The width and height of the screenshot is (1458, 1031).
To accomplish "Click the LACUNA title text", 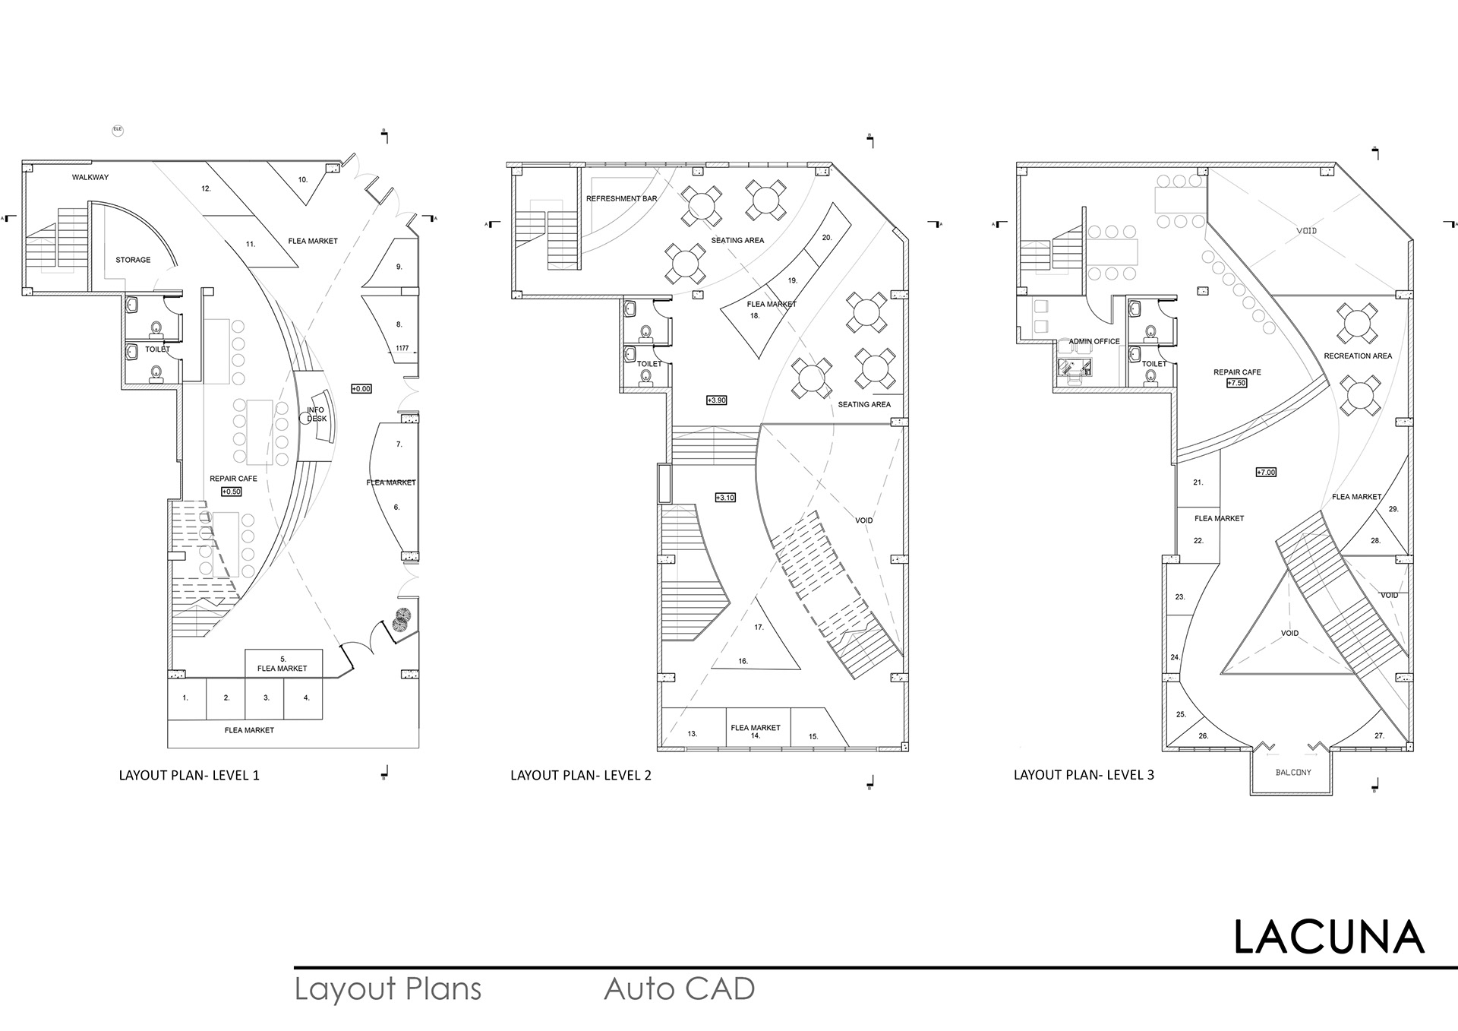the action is pos(1328,938).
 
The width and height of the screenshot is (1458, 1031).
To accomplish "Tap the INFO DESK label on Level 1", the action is pos(317,415).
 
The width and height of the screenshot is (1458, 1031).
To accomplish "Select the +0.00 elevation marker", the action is pos(361,389).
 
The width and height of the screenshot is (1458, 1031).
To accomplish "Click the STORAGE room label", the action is pos(133,260).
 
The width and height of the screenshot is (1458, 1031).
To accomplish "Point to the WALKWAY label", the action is pos(90,177).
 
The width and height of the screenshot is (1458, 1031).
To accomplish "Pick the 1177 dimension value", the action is pos(402,349).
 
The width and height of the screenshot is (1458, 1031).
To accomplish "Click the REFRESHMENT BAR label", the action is pos(621,199).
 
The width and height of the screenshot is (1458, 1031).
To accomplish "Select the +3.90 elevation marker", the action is pos(716,400).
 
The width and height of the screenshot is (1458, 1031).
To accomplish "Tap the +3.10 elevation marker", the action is pos(725,498).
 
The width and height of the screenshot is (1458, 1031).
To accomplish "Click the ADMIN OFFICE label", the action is pos(1094,342).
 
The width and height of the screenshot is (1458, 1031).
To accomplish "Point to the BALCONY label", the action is pos(1293,773).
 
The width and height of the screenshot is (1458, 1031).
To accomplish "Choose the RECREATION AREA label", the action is pos(1358,356).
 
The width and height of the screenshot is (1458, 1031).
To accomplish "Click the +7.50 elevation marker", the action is pos(1236,383).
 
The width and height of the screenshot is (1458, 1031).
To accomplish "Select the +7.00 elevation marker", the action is pos(1266,472).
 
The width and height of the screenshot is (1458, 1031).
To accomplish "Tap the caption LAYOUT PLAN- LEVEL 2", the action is pos(581,776).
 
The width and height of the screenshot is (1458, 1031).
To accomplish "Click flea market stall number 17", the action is pos(759,628).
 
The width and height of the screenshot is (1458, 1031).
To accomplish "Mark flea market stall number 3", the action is pos(267,697).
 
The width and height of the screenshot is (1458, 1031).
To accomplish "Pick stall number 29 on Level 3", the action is pos(1393,509).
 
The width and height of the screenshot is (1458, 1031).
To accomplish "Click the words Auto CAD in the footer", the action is pos(680,989).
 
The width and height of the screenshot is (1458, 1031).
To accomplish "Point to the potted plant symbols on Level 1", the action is pos(401,620).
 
